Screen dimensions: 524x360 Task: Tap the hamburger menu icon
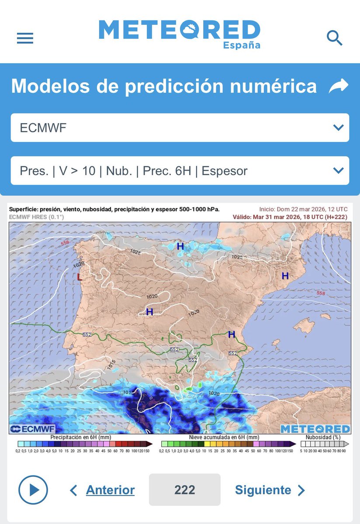click(25, 38)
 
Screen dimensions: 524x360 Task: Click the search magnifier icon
click(335, 38)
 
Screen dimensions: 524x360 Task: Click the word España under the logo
click(242, 45)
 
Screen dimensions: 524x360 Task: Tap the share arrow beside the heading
click(339, 86)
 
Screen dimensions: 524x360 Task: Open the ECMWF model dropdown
click(180, 128)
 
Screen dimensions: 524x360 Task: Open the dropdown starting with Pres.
click(180, 170)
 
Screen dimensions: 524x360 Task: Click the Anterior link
click(110, 490)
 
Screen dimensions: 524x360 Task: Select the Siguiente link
click(263, 490)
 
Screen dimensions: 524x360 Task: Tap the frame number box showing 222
click(184, 490)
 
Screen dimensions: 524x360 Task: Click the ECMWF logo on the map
click(29, 429)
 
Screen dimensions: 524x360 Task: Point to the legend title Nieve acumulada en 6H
click(224, 437)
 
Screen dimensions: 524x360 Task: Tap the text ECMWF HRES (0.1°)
click(36, 217)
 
